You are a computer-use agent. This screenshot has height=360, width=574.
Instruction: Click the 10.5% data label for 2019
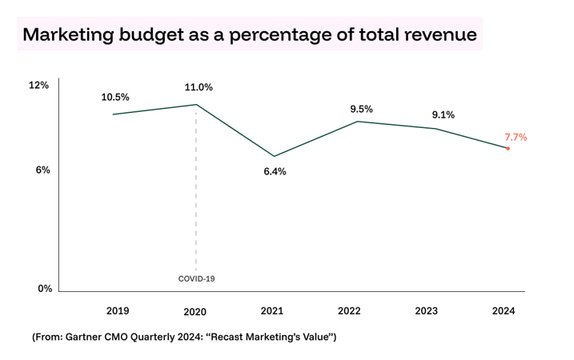[115, 97]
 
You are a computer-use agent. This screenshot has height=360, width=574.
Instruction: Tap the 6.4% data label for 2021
[275, 171]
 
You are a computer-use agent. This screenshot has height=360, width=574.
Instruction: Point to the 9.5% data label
[361, 109]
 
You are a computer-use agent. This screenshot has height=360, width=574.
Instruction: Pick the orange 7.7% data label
[515, 137]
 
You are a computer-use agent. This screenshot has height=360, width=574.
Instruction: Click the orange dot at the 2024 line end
[508, 148]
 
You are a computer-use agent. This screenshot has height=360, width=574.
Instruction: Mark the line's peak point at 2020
[196, 105]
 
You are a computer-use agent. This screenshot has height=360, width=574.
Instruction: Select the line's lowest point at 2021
[274, 156]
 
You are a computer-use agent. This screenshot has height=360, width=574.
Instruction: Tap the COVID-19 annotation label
[196, 279]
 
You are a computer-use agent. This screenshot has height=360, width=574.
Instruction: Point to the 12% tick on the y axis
[39, 85]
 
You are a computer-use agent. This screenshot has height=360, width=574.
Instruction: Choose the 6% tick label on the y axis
[42, 170]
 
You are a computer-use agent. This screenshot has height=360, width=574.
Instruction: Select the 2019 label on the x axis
[118, 311]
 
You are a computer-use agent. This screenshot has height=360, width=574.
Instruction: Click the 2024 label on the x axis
[504, 311]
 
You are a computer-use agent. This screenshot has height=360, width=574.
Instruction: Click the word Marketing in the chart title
[68, 35]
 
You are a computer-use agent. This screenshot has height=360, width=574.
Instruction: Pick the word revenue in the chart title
[439, 35]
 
